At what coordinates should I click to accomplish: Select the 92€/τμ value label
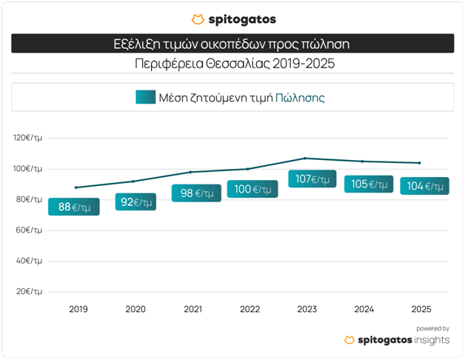pos(135,201)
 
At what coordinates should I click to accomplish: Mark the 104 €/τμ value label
pos(425,186)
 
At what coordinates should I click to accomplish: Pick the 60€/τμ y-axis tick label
pos(30,230)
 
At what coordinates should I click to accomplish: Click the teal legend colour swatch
pos(145,97)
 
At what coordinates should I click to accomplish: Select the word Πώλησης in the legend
pos(300,97)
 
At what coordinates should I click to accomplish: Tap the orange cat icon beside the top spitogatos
pos(198,19)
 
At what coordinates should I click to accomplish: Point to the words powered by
pos(432,328)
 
